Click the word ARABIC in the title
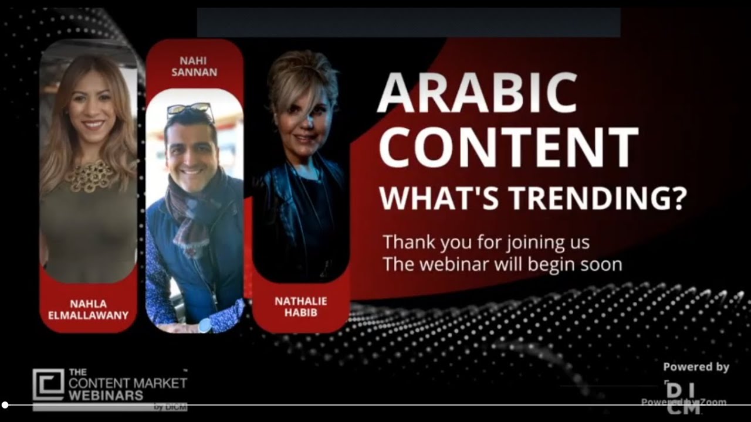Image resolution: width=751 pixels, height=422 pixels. pos(476,94)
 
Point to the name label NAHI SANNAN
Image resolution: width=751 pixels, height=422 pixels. pos(194,67)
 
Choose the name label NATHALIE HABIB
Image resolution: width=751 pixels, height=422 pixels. pos(300,307)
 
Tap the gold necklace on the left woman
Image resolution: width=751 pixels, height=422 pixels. pos(88,175)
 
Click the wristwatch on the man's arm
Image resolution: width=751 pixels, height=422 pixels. pos(205,325)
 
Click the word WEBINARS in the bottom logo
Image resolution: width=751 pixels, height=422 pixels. pos(106,395)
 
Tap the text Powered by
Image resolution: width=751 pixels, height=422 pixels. pos(696,367)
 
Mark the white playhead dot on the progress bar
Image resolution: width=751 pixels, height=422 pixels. pos(5,404)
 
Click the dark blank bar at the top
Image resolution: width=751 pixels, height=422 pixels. pos(408,23)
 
